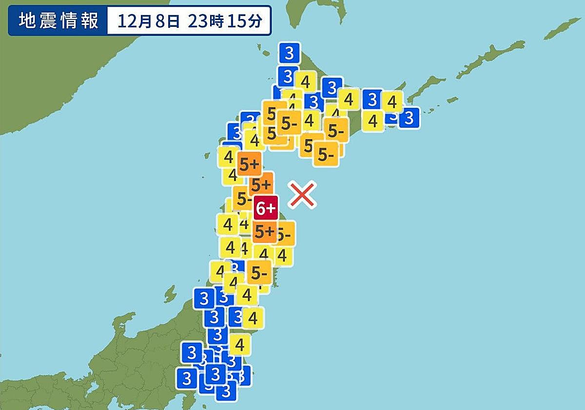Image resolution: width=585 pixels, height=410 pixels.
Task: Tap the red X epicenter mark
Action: click(x=302, y=195)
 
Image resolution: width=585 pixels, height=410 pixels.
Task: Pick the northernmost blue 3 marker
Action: click(x=290, y=52)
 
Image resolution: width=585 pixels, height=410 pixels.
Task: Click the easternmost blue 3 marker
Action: click(x=409, y=118)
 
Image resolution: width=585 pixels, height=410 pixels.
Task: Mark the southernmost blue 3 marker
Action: click(x=226, y=390)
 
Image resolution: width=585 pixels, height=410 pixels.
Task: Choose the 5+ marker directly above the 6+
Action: click(x=261, y=184)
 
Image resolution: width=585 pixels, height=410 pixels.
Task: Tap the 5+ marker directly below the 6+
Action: click(x=265, y=231)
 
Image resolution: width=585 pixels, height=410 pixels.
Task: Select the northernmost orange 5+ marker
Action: click(x=249, y=164)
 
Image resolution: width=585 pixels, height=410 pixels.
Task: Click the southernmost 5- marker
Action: click(x=259, y=272)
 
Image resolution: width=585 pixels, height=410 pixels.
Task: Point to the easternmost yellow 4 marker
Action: click(x=392, y=102)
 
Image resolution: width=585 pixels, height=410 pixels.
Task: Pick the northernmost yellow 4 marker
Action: click(x=306, y=82)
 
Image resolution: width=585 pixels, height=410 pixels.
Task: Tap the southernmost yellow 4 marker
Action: click(x=239, y=345)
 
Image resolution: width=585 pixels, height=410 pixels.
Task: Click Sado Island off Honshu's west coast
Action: click(x=170, y=294)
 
